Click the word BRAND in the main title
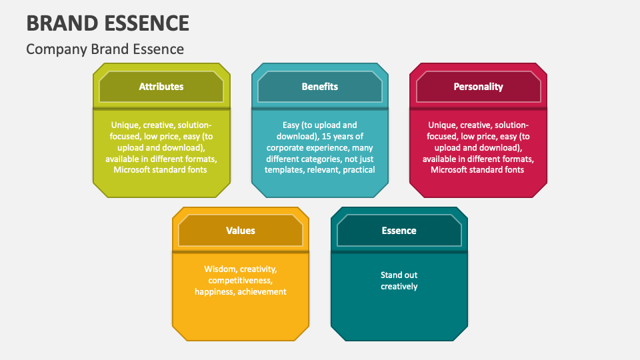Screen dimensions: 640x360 (61, 23)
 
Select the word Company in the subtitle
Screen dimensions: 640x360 (57, 49)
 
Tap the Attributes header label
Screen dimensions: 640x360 (161, 87)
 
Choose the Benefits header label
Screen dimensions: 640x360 (319, 87)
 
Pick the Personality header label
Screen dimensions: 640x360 (479, 87)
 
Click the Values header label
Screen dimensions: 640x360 (241, 231)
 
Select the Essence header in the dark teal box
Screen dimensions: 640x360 (399, 231)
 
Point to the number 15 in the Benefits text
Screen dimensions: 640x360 (327, 136)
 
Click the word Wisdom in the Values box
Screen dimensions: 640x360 (221, 269)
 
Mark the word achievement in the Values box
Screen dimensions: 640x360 (262, 292)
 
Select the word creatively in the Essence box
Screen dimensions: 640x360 (399, 287)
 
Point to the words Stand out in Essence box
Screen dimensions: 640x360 (399, 275)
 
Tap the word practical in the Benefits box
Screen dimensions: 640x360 (359, 170)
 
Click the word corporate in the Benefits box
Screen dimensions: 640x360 (285, 148)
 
